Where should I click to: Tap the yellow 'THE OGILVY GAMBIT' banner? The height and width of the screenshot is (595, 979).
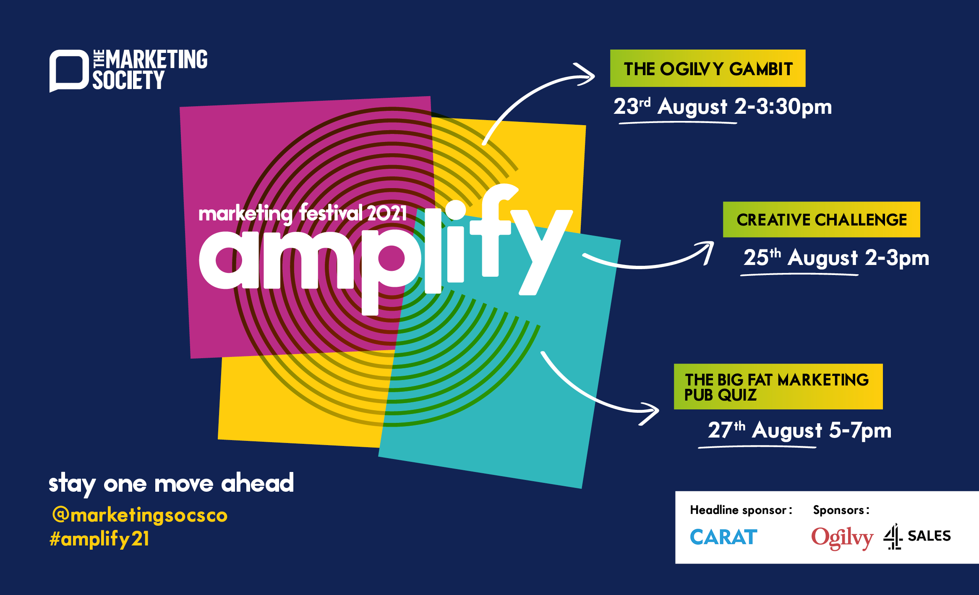pos(707,68)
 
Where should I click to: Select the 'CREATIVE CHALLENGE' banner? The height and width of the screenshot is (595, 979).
pos(821,220)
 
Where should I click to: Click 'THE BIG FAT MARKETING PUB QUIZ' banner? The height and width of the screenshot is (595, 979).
pos(778,386)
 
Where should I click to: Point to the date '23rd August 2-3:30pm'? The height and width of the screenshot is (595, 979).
pos(722,107)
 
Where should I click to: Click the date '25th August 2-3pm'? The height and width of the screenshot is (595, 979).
pos(836,258)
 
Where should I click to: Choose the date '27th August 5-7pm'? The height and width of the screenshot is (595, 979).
pos(799,430)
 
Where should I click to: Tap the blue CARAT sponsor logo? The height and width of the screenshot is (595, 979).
pos(723,537)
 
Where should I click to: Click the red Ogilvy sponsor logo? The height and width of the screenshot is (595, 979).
pos(842,538)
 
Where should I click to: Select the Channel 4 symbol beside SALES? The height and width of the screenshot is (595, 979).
pos(893,537)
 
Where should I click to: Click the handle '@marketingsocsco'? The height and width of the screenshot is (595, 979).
pos(140,515)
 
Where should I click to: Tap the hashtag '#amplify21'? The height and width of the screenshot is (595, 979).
pos(99,539)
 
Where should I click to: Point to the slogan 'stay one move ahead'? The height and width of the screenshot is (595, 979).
pos(171,484)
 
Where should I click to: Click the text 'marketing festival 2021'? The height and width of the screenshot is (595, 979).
pos(303,213)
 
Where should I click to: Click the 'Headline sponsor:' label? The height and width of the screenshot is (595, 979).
pos(741,510)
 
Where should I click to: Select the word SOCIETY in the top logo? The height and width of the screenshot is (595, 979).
pos(128,80)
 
